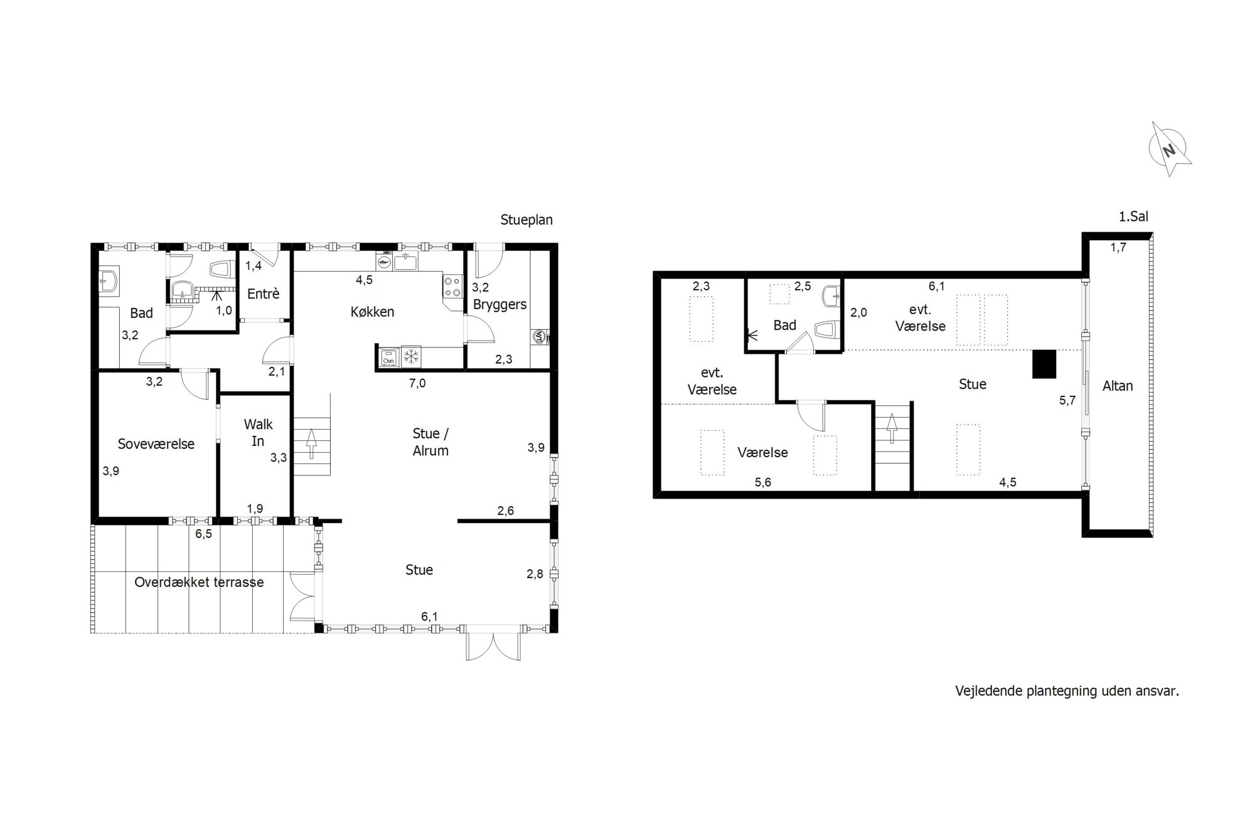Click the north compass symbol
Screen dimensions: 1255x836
coord(1169,149)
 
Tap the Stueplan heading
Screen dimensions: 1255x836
coord(526,220)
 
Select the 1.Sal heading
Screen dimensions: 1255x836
coord(1133,217)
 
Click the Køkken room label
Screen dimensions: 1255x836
coord(372,312)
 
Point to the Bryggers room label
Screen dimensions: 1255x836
coord(499,305)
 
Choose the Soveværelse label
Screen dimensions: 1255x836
coord(156,444)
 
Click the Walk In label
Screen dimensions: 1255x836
coord(258,433)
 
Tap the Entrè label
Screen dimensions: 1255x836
coord(263,294)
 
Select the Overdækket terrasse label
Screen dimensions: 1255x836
coord(199,582)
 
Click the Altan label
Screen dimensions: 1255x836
coord(1118,386)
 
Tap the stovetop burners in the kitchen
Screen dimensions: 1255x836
coord(452,287)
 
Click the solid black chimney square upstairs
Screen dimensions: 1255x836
coord(1044,364)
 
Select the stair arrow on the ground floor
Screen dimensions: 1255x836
coord(311,445)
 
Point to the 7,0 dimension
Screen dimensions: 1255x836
coord(417,383)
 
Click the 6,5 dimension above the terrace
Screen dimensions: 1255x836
coord(204,534)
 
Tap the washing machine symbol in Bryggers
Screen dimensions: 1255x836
coord(539,337)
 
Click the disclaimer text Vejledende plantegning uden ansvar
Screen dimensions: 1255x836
coord(1067,691)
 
